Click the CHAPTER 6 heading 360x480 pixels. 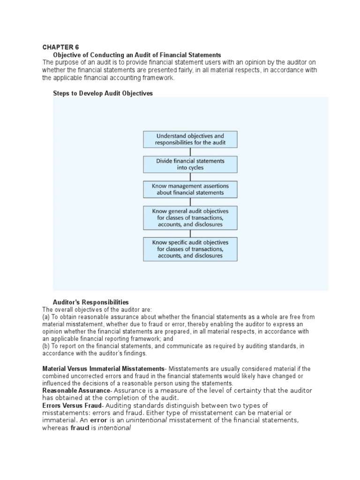pyautogui.click(x=60, y=47)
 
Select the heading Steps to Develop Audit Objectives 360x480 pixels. pyautogui.click(x=103, y=94)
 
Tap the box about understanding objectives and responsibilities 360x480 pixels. pyautogui.click(x=190, y=139)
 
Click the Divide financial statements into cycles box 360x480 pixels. pyautogui.click(x=190, y=164)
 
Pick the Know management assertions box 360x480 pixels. pyautogui.click(x=190, y=189)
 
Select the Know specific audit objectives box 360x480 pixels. pyautogui.click(x=190, y=249)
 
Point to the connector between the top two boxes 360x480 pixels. pyautogui.click(x=190, y=152)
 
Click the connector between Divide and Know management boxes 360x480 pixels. pyautogui.click(x=190, y=177)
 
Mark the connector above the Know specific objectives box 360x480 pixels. pyautogui.click(x=190, y=233)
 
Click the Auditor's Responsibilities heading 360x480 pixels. pyautogui.click(x=91, y=302)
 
